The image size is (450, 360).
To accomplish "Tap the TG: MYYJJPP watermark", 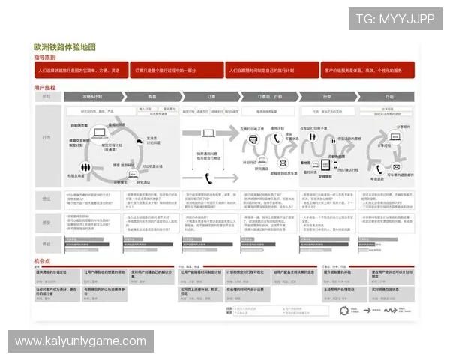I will pos(395,18).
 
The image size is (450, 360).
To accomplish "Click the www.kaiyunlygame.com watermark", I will pos(81,341).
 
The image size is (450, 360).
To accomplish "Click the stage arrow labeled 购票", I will pos(151,97).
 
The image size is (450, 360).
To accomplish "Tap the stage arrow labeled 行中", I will pos(326,97).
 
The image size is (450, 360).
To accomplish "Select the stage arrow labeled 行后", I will pos(388,97).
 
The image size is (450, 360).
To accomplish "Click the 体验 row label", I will pos(46,244).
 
